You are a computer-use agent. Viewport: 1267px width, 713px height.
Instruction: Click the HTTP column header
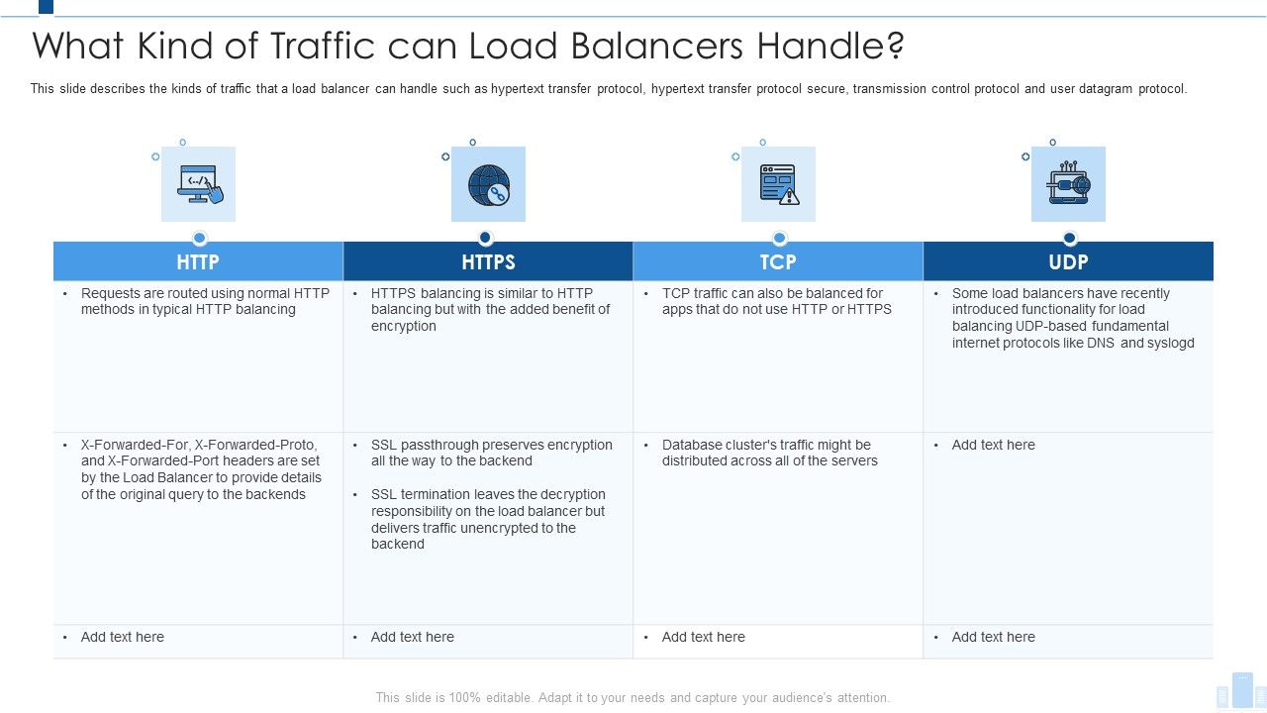click(198, 262)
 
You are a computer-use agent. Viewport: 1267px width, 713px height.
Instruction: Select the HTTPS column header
click(488, 262)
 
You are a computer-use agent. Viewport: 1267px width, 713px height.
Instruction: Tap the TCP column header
click(778, 262)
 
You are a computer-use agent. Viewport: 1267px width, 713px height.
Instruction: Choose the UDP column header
click(1068, 262)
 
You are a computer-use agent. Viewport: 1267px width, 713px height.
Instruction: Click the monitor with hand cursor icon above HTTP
click(199, 184)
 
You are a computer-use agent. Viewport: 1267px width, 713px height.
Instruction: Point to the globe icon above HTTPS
click(489, 184)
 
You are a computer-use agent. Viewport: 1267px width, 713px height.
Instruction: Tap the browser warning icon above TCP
click(779, 184)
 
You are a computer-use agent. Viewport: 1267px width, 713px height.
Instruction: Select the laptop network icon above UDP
click(1069, 184)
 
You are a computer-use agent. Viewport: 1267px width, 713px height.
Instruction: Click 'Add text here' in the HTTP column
click(123, 637)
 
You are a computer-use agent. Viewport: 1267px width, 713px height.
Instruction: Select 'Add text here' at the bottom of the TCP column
click(704, 637)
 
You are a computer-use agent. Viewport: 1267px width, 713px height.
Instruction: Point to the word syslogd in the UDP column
click(1171, 344)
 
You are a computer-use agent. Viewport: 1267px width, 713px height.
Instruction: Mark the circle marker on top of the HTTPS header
click(485, 238)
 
